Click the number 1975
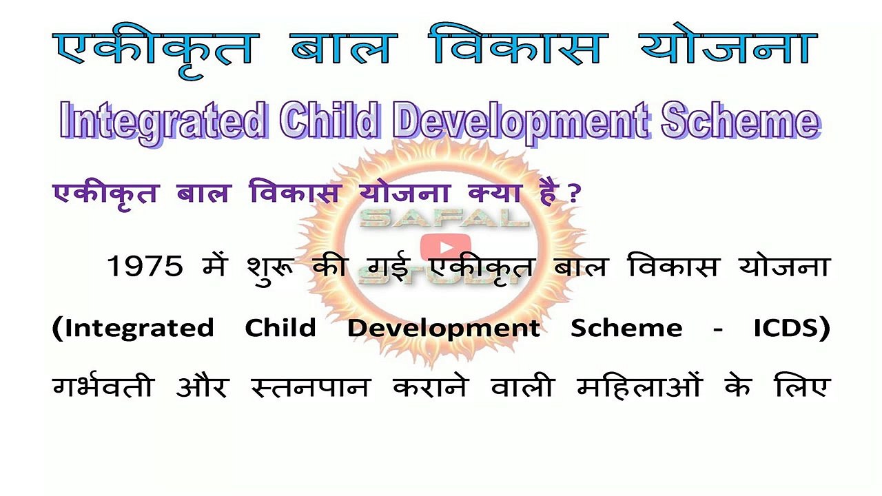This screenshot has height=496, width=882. [145, 267]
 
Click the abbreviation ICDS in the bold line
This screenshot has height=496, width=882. [790, 328]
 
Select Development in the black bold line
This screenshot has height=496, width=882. [443, 329]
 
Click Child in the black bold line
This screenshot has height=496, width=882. [280, 328]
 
